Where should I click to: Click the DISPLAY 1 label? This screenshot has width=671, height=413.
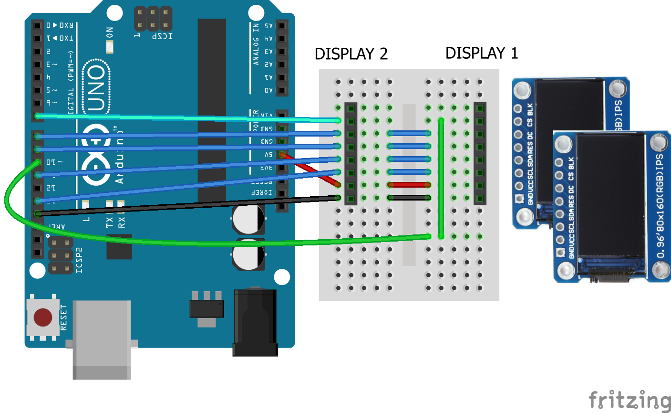click(x=481, y=53)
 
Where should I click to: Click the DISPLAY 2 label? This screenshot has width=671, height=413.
click(x=351, y=54)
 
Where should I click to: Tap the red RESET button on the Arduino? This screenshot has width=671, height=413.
click(x=43, y=317)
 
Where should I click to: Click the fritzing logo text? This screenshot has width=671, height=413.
click(x=630, y=400)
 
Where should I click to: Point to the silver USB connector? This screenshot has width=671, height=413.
click(x=102, y=339)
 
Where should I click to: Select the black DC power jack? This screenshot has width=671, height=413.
click(x=255, y=322)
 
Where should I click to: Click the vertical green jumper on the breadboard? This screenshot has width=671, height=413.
click(x=441, y=178)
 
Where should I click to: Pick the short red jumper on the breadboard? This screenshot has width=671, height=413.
click(x=409, y=185)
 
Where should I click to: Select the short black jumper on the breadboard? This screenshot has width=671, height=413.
click(x=409, y=198)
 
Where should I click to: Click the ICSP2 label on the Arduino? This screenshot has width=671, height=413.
click(x=79, y=260)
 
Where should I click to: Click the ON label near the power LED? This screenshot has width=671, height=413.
click(x=110, y=32)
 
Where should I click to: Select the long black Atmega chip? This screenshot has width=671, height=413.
click(x=212, y=110)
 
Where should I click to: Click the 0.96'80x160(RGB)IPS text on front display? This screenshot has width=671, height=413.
click(x=660, y=205)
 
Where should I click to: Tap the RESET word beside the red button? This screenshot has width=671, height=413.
click(x=64, y=317)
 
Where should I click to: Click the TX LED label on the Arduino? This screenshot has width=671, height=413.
click(x=110, y=222)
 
